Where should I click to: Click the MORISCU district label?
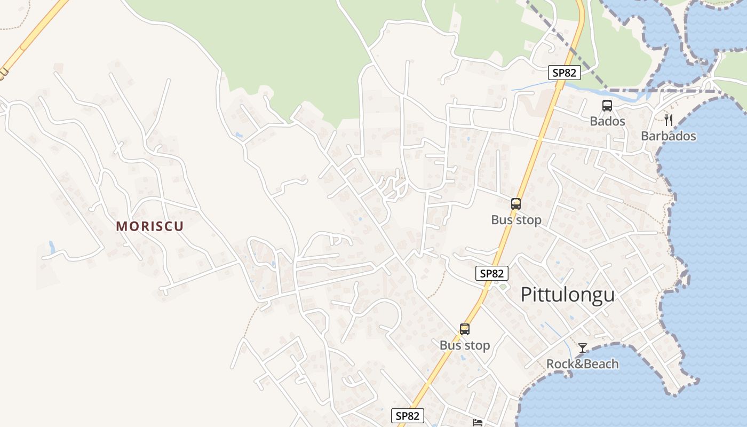[x=150, y=226]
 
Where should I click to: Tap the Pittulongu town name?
[x=567, y=294]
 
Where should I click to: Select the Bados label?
[x=607, y=121]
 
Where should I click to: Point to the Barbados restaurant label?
[x=668, y=136]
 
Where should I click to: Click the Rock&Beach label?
[x=582, y=364]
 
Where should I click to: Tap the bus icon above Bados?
[x=607, y=106]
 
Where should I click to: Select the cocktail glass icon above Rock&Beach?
[x=583, y=348]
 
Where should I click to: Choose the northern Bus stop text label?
[x=516, y=219]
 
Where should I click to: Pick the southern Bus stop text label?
[x=464, y=345]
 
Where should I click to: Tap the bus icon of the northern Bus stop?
[x=515, y=203]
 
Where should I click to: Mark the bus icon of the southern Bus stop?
[x=464, y=329]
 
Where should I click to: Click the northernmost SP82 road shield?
[x=564, y=73]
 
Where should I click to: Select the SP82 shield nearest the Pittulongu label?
[x=491, y=273]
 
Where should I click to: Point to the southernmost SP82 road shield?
[x=408, y=416]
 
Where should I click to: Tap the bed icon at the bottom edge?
[x=478, y=423]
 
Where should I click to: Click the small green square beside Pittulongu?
[x=503, y=287]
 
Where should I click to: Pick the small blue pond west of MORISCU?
[x=52, y=247]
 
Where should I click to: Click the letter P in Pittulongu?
[x=526, y=294]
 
